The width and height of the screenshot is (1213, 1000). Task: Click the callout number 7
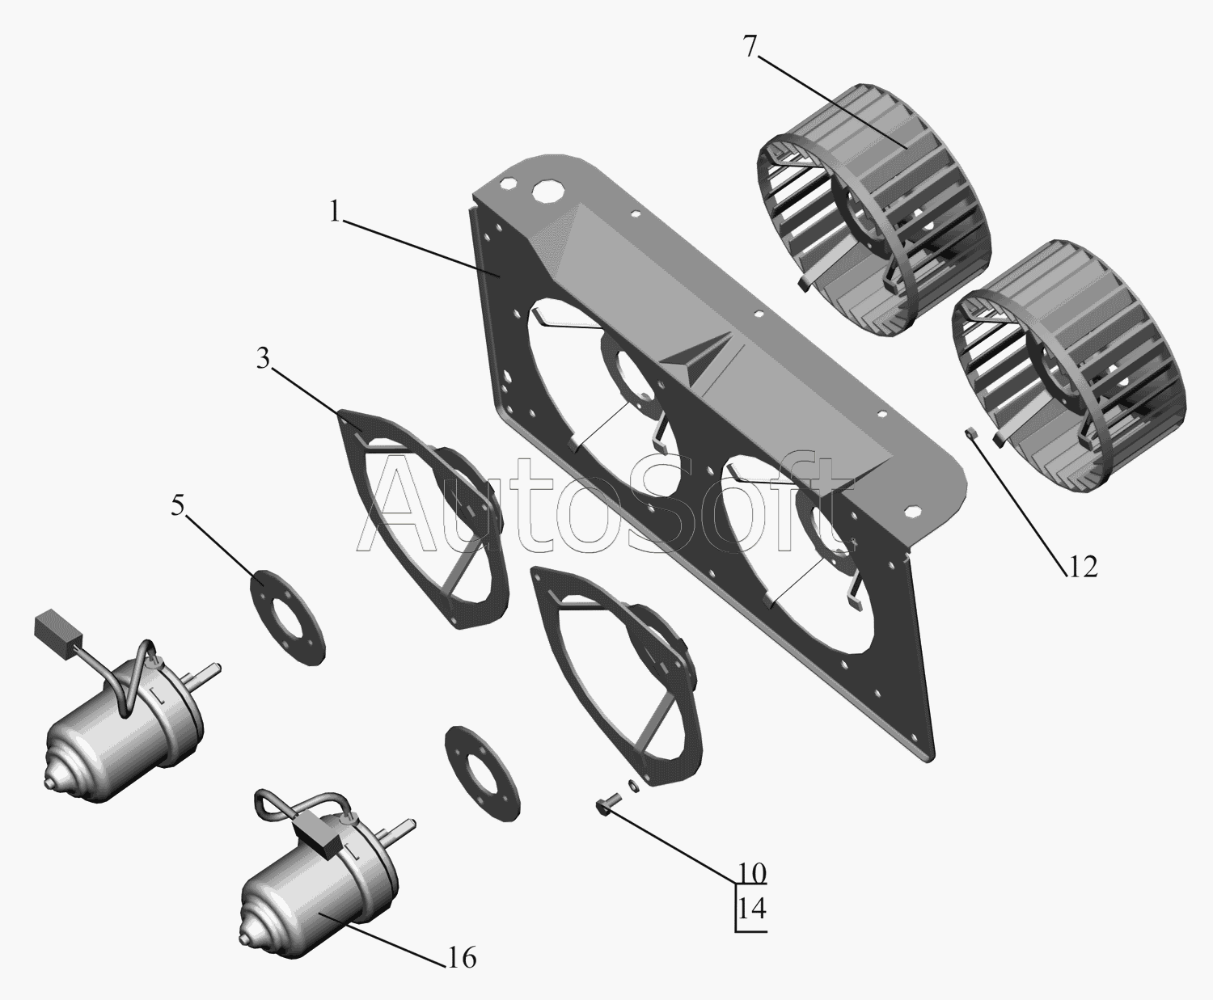click(750, 47)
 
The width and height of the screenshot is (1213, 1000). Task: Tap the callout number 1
click(334, 212)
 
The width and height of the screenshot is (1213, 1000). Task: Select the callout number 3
click(263, 360)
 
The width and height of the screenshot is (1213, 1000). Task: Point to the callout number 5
click(177, 506)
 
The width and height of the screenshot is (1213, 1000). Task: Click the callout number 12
click(1082, 566)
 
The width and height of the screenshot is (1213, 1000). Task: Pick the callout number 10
click(752, 889)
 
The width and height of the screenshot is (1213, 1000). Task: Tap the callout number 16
click(463, 958)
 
